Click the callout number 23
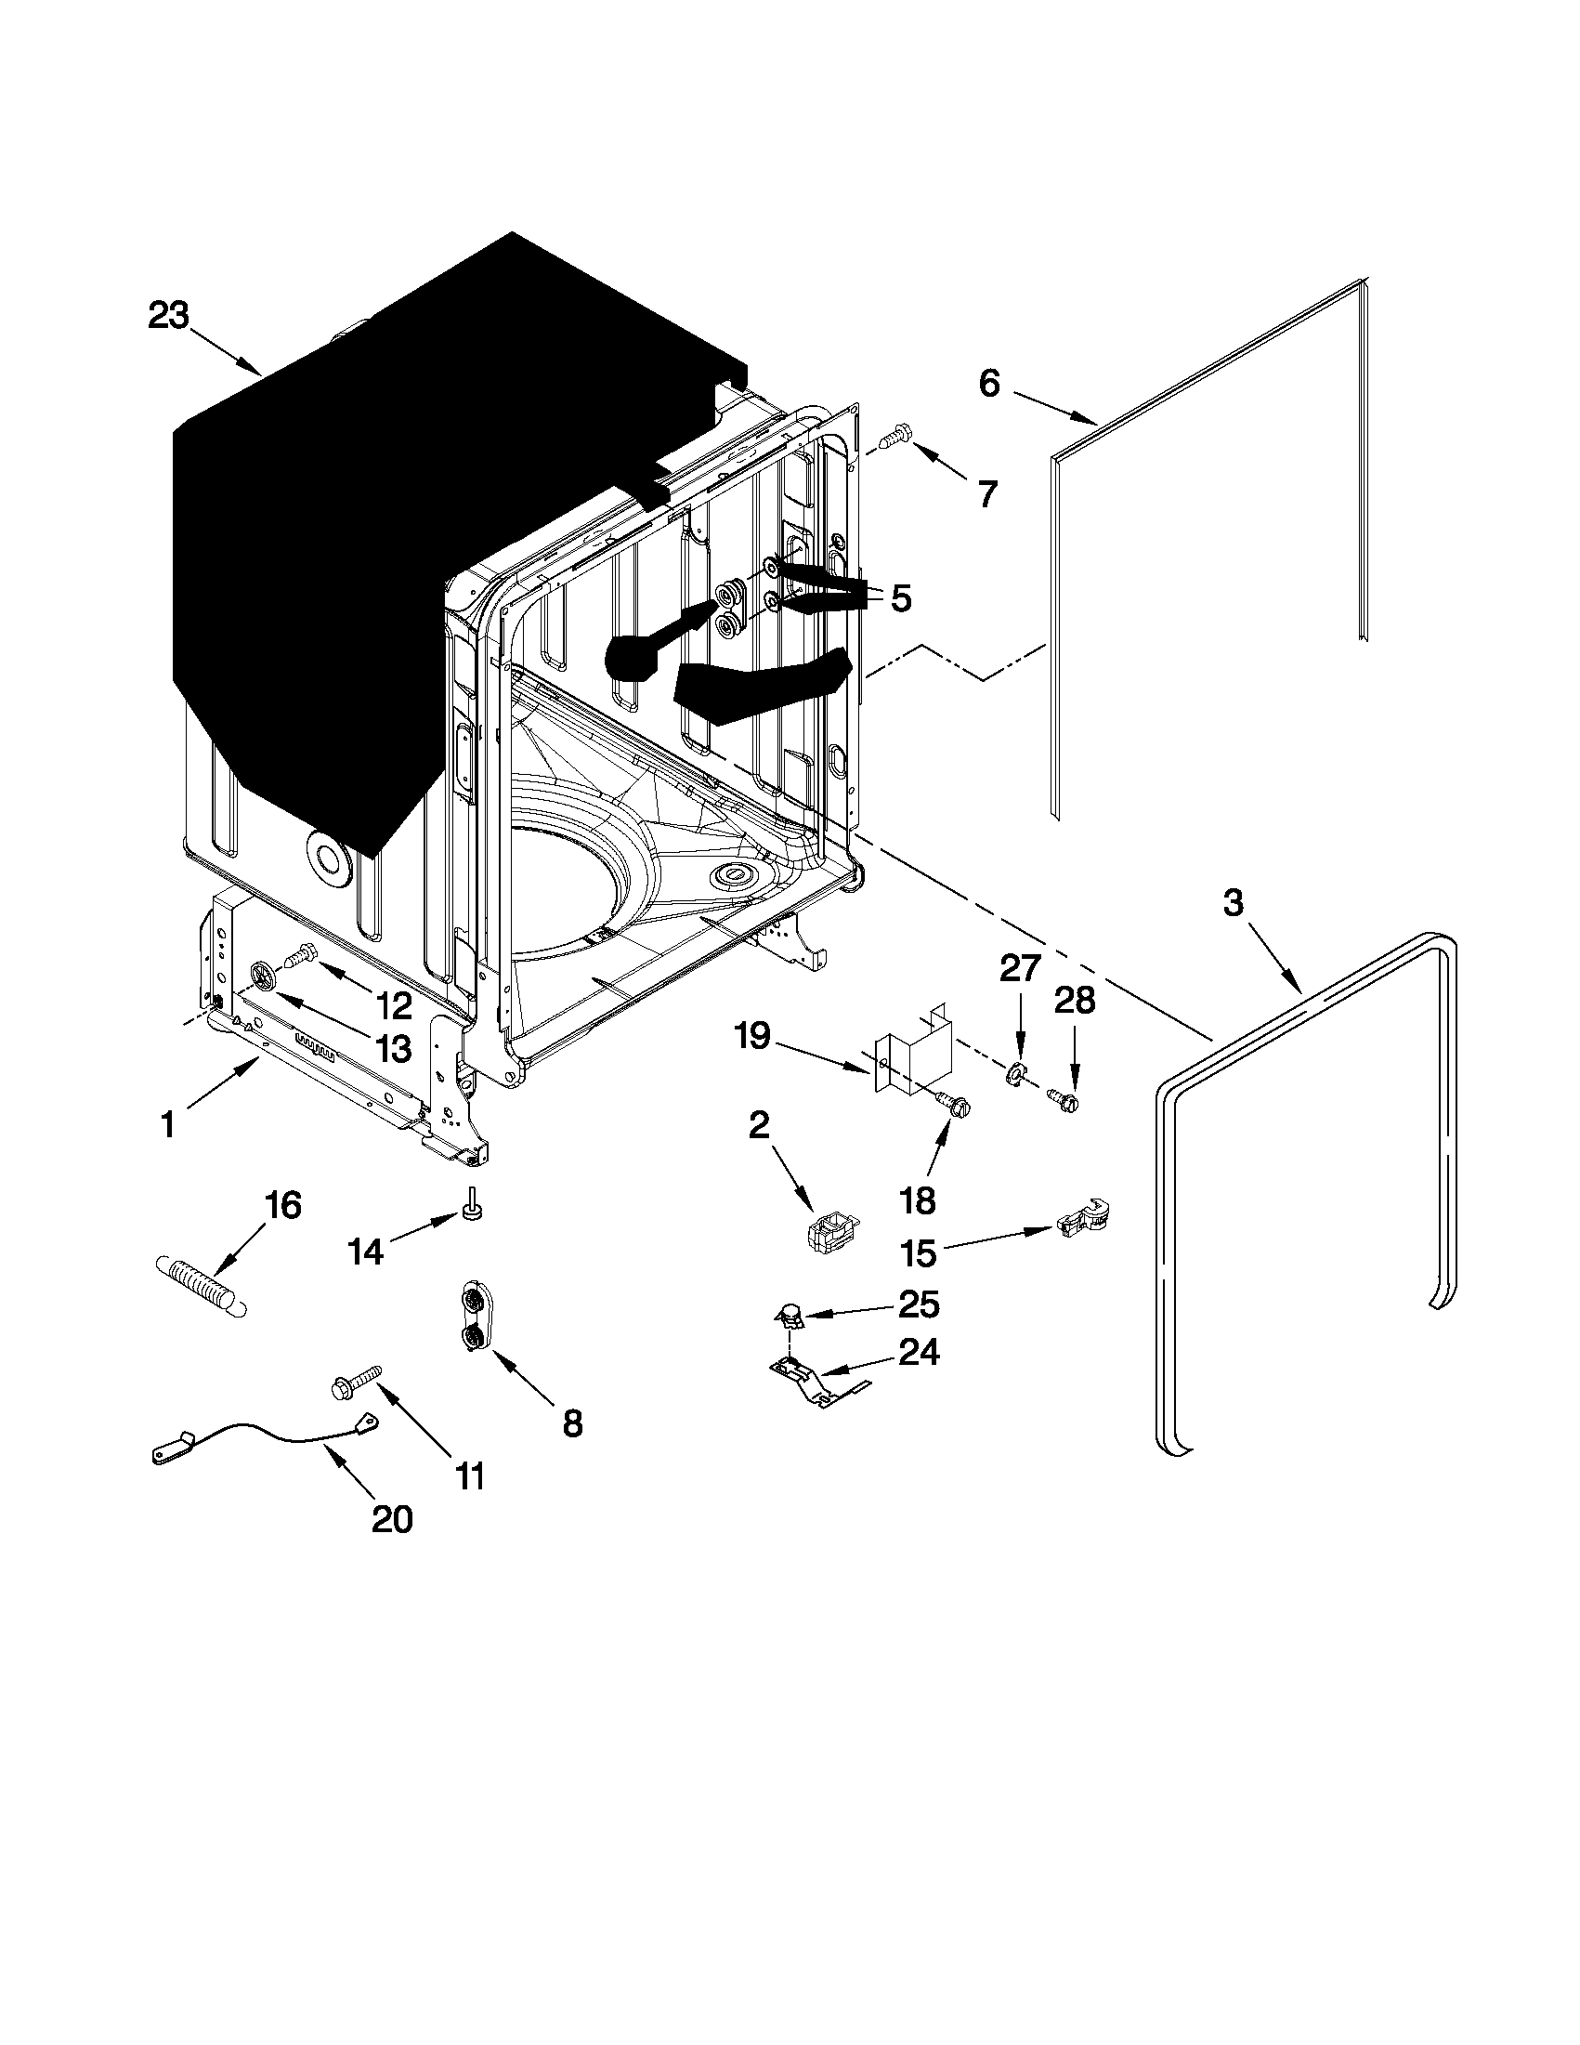pyautogui.click(x=168, y=316)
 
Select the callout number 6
pyautogui.click(x=989, y=383)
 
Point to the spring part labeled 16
pyautogui.click(x=202, y=1289)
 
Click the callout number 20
pyautogui.click(x=392, y=1519)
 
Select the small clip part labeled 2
pyautogui.click(x=830, y=1229)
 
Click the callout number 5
pyautogui.click(x=900, y=597)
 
